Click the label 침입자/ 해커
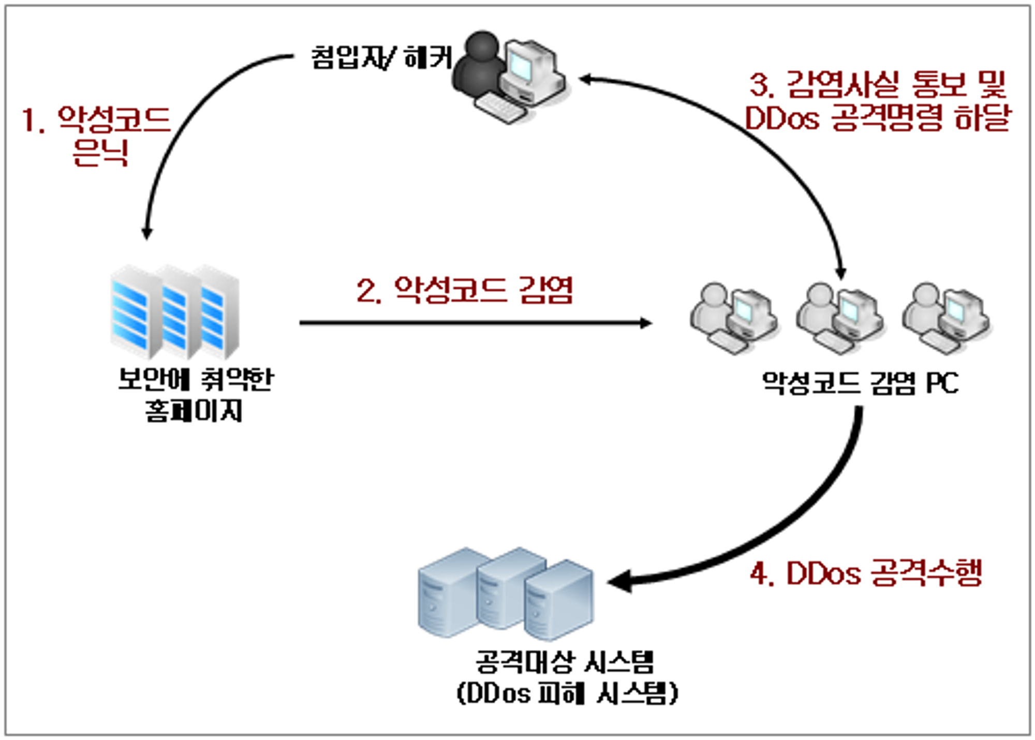coord(382,57)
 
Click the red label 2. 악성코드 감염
coord(464,290)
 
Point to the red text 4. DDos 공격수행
coord(866,573)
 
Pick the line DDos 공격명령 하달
coord(877,118)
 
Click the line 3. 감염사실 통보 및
coord(878,85)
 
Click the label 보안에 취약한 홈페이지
coord(195,395)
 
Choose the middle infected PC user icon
coord(839,318)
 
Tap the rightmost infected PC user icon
coord(946,318)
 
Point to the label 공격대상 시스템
coord(565,662)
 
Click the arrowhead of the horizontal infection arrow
coord(646,323)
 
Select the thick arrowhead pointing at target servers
coord(619,582)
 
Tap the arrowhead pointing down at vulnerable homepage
coord(147,232)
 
